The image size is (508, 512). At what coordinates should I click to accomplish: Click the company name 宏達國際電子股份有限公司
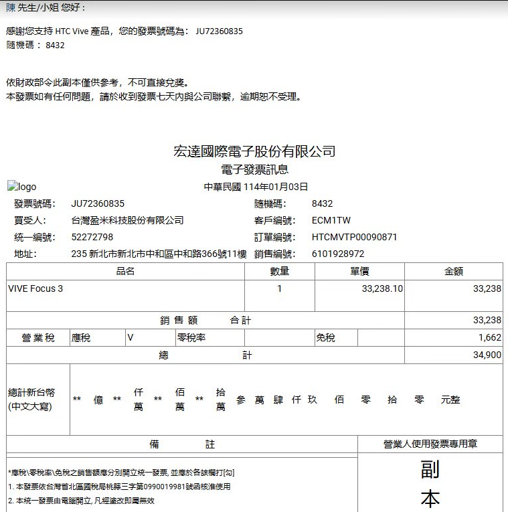(254, 152)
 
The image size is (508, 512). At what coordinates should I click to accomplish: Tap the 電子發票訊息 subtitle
(254, 170)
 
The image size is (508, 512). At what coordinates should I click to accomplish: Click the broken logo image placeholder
(22, 187)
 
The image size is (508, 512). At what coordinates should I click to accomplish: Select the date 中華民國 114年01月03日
(256, 187)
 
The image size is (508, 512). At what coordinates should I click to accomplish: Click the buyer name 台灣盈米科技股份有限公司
(127, 220)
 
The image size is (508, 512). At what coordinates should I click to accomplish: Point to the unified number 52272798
(92, 237)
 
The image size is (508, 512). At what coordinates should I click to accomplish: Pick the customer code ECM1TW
(331, 220)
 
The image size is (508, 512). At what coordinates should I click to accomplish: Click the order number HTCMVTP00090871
(355, 237)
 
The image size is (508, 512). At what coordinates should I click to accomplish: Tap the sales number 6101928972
(338, 254)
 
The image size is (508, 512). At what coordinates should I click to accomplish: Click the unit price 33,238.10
(382, 289)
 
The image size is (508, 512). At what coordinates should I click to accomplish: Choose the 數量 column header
(279, 271)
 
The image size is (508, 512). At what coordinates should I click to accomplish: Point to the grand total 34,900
(487, 355)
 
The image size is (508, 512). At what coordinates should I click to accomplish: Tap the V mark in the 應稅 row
(131, 338)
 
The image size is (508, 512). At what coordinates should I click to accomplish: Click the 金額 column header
(454, 271)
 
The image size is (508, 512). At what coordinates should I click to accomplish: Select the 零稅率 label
(191, 338)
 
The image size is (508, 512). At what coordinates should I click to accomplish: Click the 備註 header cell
(181, 444)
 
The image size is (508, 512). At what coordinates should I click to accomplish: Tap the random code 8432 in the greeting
(55, 45)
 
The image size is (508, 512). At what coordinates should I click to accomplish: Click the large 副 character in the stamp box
(430, 469)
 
